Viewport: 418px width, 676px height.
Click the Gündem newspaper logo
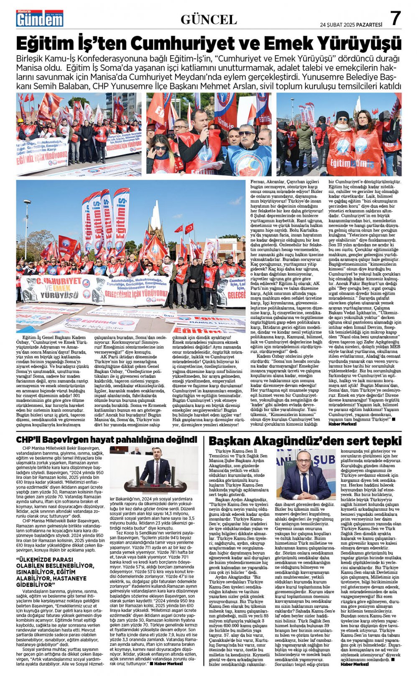click(x=40, y=18)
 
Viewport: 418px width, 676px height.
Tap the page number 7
click(x=395, y=18)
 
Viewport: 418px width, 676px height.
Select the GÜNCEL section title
click(x=209, y=19)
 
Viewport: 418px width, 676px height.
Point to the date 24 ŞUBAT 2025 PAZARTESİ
click(x=351, y=24)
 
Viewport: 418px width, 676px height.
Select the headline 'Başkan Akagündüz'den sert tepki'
click(x=305, y=441)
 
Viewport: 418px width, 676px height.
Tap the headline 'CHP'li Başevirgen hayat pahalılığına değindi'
click(x=107, y=440)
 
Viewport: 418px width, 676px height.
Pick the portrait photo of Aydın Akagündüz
click(x=306, y=475)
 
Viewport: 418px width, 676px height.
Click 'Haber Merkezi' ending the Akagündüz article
click(x=354, y=664)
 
